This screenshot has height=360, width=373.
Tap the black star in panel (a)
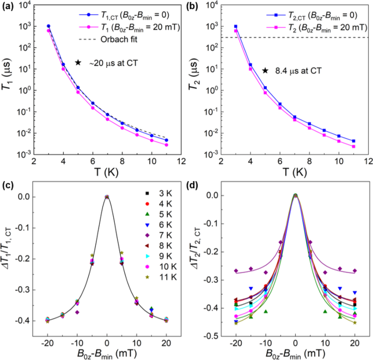click(78, 63)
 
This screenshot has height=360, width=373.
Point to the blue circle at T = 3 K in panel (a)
click(48, 26)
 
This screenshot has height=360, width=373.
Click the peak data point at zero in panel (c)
click(107, 197)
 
